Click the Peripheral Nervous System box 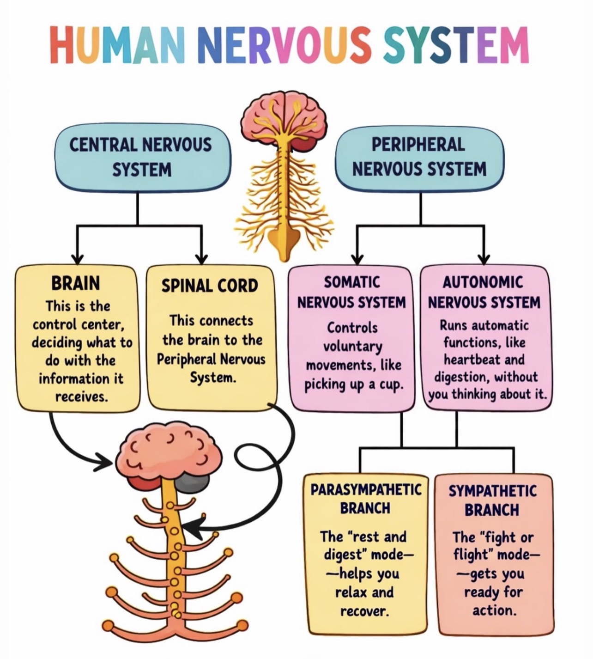(x=419, y=157)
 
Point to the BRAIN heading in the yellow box (x=75, y=283)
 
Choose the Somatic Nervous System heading (x=351, y=292)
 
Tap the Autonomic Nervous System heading (x=484, y=292)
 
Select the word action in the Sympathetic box (x=493, y=610)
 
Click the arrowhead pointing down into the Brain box (x=77, y=259)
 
